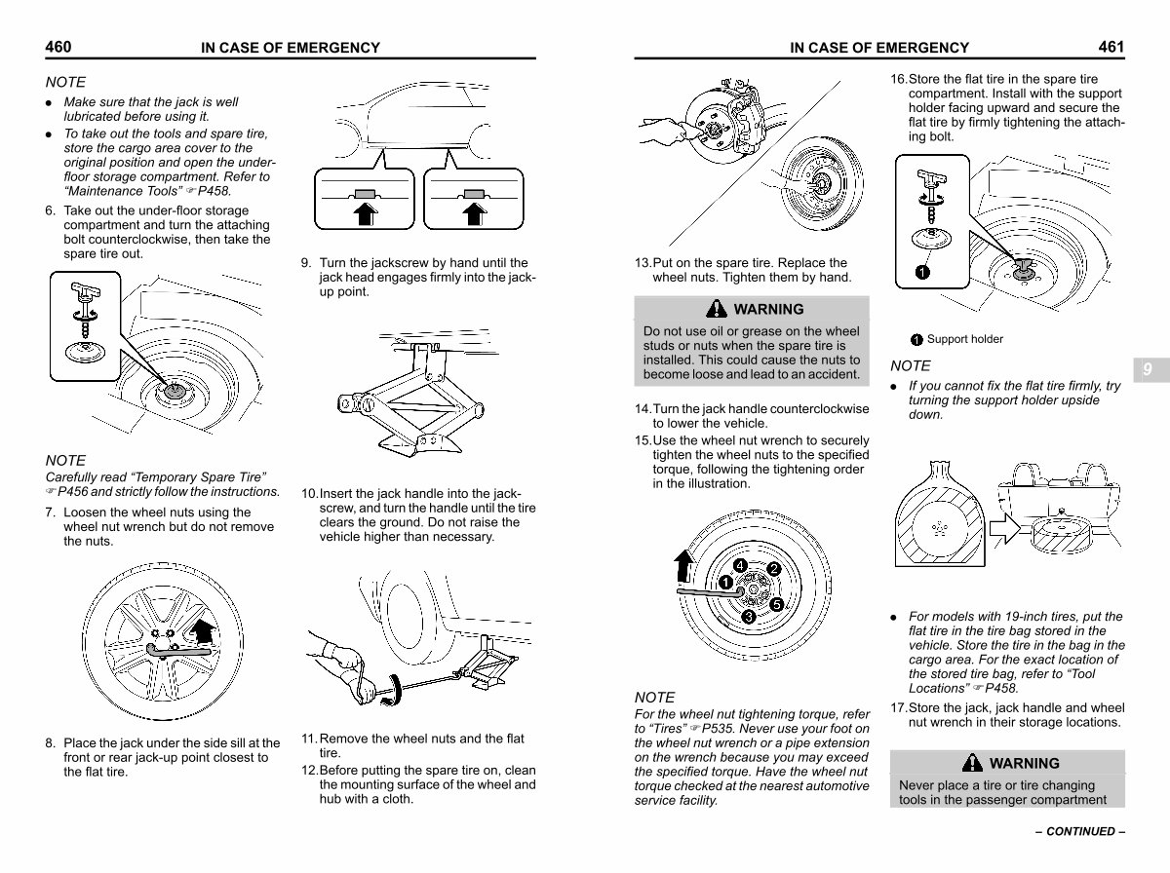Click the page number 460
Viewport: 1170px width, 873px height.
pyautogui.click(x=58, y=47)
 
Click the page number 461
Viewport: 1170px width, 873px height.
pyautogui.click(x=1111, y=47)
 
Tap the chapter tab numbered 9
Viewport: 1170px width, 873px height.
pyautogui.click(x=1148, y=369)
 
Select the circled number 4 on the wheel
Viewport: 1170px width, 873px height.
pyautogui.click(x=741, y=566)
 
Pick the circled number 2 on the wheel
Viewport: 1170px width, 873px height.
pyautogui.click(x=774, y=569)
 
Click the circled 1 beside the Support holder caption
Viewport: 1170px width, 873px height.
pyautogui.click(x=916, y=340)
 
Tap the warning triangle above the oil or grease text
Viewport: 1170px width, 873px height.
pyautogui.click(x=718, y=310)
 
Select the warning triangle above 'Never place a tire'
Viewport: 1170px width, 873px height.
pyautogui.click(x=972, y=763)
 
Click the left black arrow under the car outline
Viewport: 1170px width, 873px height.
pyautogui.click(x=365, y=211)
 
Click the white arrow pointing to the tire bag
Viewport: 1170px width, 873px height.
pyautogui.click(x=1004, y=530)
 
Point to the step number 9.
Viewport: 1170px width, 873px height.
pyautogui.click(x=306, y=263)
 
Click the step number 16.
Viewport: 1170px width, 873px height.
pyautogui.click(x=898, y=79)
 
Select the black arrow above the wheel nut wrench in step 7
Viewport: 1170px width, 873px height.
pyautogui.click(x=203, y=632)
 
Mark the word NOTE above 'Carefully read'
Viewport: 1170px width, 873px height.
pyautogui.click(x=65, y=460)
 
